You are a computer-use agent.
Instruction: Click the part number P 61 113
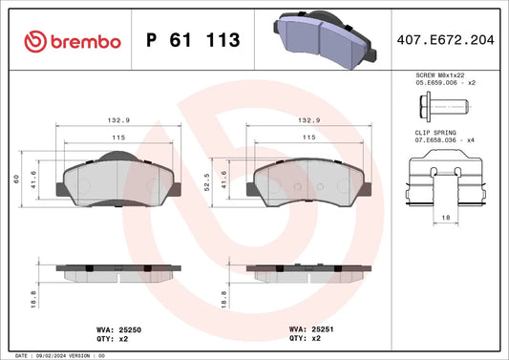(193, 40)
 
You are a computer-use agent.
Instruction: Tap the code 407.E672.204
(445, 40)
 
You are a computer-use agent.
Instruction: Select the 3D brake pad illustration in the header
(325, 39)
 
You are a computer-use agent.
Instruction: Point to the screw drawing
(444, 107)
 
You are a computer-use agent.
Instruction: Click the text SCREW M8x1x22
(440, 75)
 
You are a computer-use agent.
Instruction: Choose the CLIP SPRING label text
(435, 133)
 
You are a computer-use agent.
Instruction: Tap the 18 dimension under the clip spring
(446, 217)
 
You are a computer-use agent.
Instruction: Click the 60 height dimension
(16, 179)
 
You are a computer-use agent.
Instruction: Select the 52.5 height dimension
(207, 181)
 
